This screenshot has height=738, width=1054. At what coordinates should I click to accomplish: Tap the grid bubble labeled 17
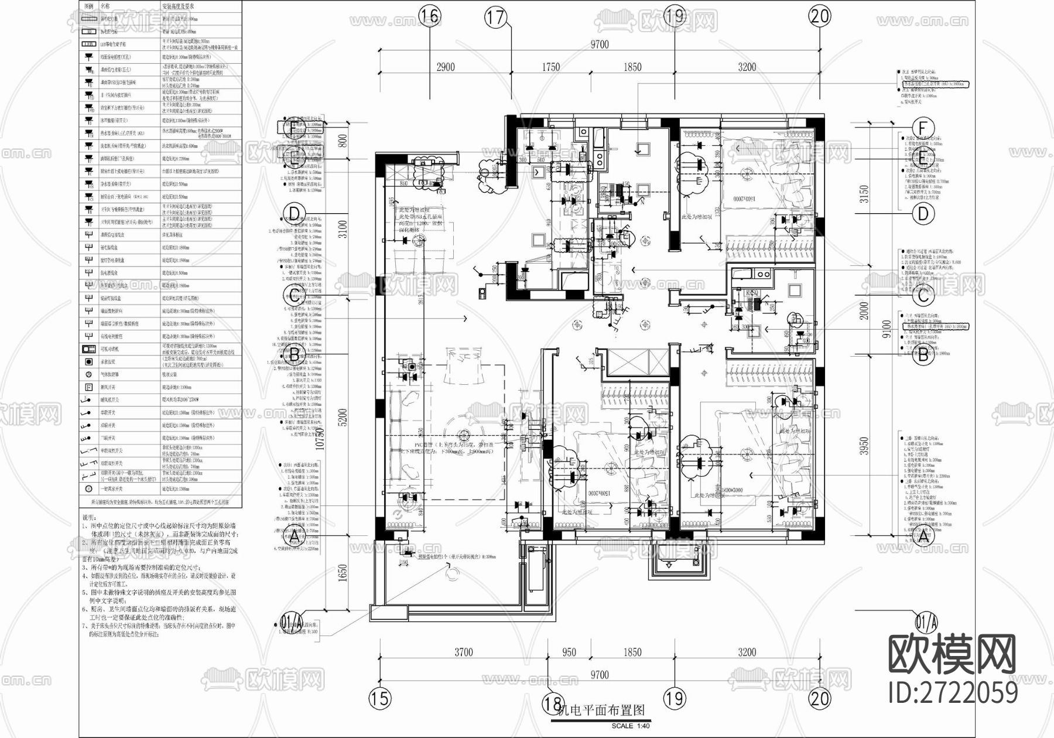(495, 18)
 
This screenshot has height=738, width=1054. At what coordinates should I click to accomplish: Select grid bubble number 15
(380, 698)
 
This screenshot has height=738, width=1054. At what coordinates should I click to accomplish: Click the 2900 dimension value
(446, 67)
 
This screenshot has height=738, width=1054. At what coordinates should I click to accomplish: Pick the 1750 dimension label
(550, 67)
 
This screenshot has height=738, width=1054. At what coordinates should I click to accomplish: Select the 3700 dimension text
(463, 652)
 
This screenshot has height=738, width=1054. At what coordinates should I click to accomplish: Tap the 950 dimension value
(569, 652)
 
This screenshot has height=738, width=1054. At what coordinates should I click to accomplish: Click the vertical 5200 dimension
(344, 417)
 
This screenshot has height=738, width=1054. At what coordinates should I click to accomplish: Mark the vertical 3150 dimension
(864, 194)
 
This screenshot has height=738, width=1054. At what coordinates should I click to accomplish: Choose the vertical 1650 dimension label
(344, 573)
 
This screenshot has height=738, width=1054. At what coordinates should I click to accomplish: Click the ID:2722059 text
(953, 692)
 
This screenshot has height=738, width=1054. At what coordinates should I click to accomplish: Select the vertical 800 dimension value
(344, 141)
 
